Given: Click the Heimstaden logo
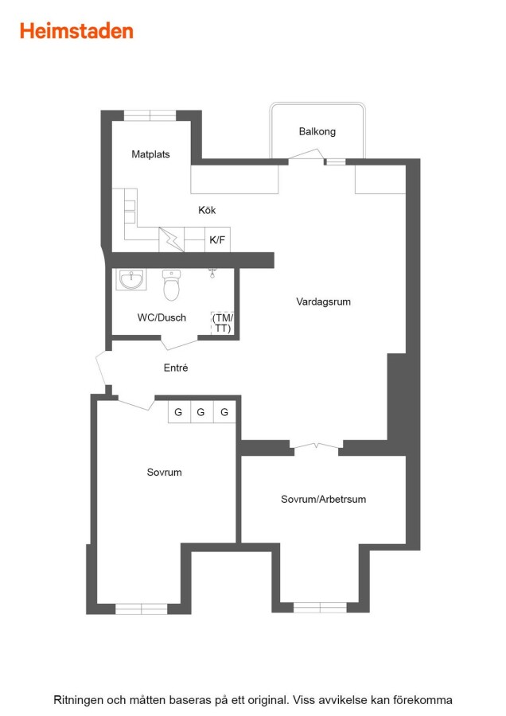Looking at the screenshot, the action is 76,31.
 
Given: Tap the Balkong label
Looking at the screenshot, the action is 317,131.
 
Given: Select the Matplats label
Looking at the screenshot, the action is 150,154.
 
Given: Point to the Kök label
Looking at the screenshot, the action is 207,210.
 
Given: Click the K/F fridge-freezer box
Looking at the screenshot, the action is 217,239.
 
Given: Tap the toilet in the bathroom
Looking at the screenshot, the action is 172,286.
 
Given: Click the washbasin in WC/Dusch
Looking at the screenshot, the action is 131,279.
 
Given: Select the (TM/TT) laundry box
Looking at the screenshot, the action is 223,323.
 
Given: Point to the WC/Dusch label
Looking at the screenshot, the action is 162,317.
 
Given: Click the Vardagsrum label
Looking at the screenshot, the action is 323,302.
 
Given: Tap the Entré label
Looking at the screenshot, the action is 176,368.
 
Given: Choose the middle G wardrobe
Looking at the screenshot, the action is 201,412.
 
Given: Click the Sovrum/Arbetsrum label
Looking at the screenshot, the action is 323,499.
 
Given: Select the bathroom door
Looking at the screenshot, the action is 179,344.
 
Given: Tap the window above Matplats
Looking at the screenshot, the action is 150,115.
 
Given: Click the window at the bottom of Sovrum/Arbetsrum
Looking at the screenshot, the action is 320,607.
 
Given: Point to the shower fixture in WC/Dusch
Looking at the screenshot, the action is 212,273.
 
